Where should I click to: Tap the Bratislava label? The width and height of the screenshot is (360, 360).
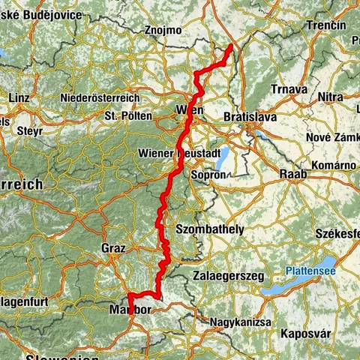[x=250, y=117]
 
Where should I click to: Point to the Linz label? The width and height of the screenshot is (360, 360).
[x=19, y=97]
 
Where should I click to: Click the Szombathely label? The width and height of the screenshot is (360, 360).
[x=208, y=229]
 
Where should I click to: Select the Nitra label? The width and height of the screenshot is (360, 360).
[x=330, y=97]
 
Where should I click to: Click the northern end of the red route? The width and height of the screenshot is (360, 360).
[x=229, y=46]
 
